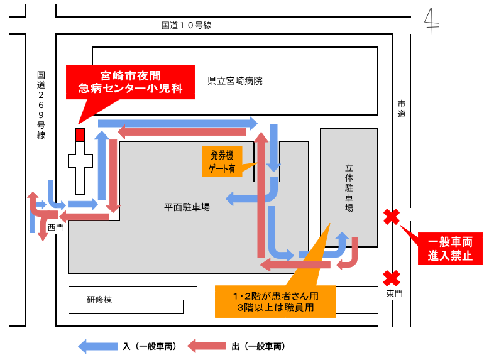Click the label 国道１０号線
coord(186,25)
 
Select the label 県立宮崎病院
coord(235,81)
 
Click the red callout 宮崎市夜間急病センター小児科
coord(130,82)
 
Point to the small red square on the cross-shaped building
coord(80,134)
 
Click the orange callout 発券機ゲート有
coord(222,162)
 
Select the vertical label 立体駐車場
coord(349,188)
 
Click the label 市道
coord(402,109)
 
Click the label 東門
coord(393,293)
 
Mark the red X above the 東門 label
coord(392,277)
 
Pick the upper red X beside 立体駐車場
coord(392,217)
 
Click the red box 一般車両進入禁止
coord(451,248)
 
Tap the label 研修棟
coord(99,300)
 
